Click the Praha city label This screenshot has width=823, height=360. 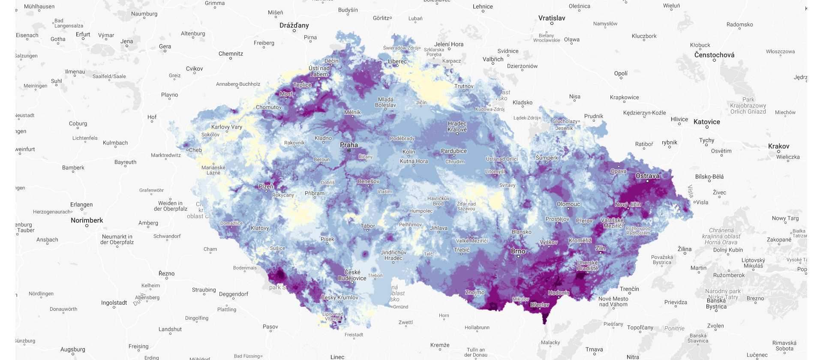(349, 145)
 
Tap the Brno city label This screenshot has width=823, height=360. (518, 251)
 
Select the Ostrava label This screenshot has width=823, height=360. (647, 176)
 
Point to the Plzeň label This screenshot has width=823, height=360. (266, 186)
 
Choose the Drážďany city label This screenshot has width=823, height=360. (294, 25)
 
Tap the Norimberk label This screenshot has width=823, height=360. (87, 220)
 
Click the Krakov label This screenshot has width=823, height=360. (778, 146)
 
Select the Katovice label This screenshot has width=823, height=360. (707, 122)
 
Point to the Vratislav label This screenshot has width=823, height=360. (552, 18)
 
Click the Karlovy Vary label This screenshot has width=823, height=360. (227, 127)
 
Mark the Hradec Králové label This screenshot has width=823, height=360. (457, 126)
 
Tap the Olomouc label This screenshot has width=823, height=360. (568, 204)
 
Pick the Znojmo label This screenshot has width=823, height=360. (475, 292)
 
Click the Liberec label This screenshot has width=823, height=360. (397, 61)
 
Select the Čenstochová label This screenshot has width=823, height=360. (714, 55)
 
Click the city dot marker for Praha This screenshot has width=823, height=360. (349, 150)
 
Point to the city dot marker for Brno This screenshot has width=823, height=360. (518, 257)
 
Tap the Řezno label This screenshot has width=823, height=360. (166, 273)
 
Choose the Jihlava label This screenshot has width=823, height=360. (439, 228)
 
